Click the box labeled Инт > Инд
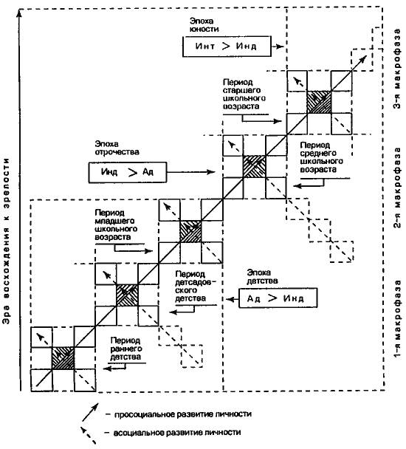click(x=227, y=46)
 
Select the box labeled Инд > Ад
click(x=128, y=172)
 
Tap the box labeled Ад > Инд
click(x=278, y=298)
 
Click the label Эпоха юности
click(x=204, y=25)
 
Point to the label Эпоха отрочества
click(x=117, y=148)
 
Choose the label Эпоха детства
click(x=262, y=277)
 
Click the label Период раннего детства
click(x=125, y=349)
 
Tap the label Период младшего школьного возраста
click(x=116, y=225)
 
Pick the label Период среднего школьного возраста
click(x=322, y=157)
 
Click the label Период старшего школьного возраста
click(x=244, y=95)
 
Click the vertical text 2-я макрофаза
click(x=397, y=188)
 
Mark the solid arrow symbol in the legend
click(x=90, y=412)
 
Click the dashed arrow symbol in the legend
click(x=88, y=436)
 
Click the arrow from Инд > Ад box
click(x=190, y=172)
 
